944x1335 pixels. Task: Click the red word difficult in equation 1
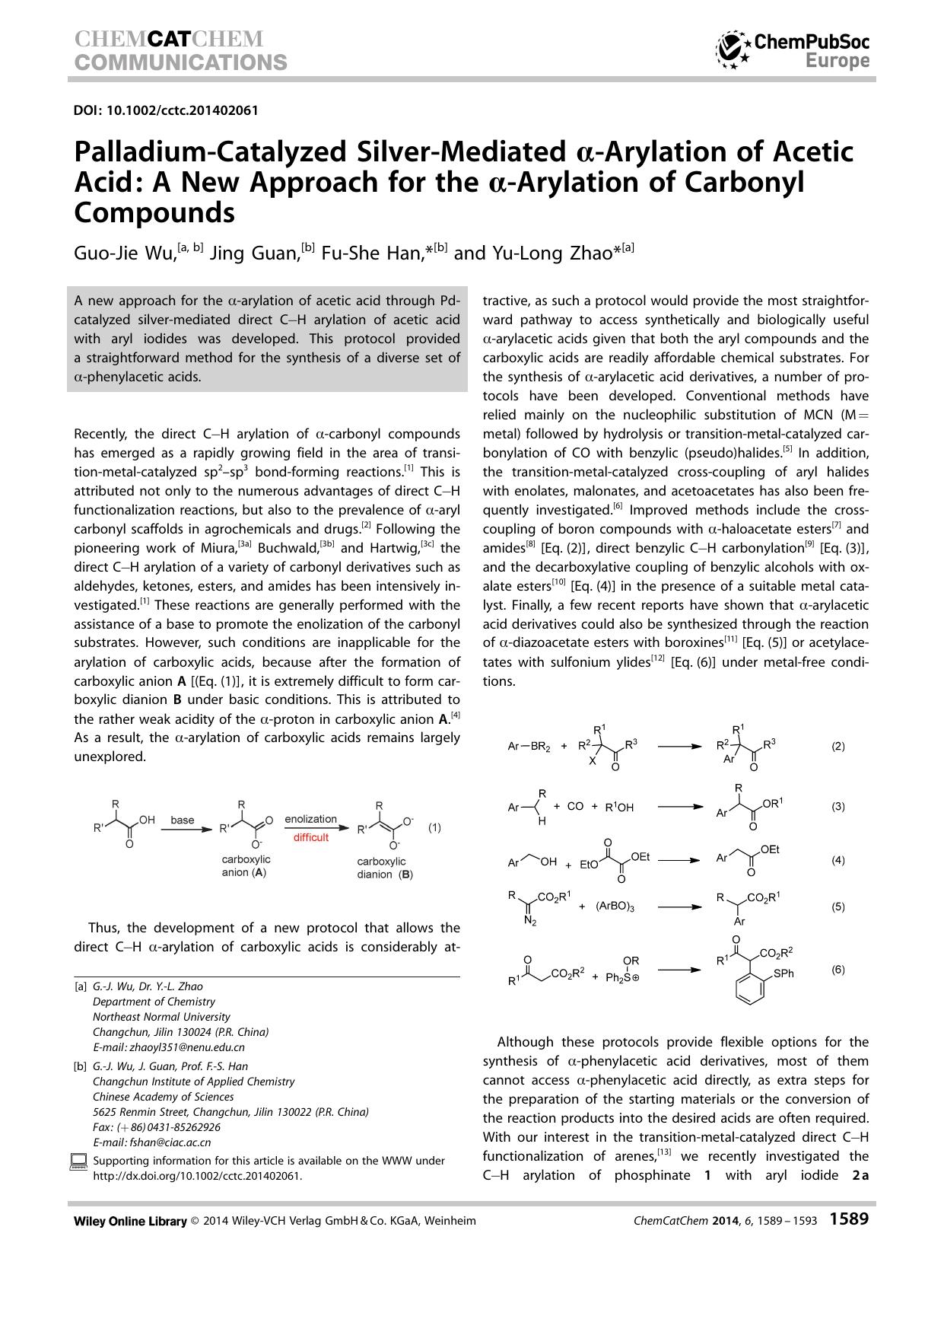[x=311, y=837]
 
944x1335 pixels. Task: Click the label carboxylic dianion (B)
[x=384, y=868]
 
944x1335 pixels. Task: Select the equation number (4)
[x=838, y=860]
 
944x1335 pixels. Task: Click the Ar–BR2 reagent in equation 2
[x=528, y=747]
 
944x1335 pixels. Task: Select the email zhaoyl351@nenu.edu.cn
[x=187, y=1047]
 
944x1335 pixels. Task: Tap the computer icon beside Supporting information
[x=78, y=1161]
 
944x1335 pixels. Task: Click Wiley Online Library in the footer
[x=130, y=1221]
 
